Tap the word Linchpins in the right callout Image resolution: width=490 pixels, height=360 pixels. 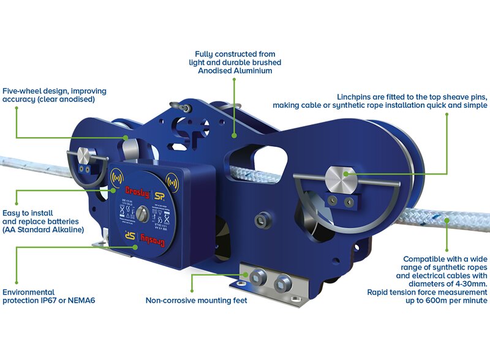pyautogui.click(x=357, y=97)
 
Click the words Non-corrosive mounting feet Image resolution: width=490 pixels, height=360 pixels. pyautogui.click(x=196, y=301)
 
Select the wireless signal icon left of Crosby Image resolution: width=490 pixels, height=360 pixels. pyautogui.click(x=113, y=181)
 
